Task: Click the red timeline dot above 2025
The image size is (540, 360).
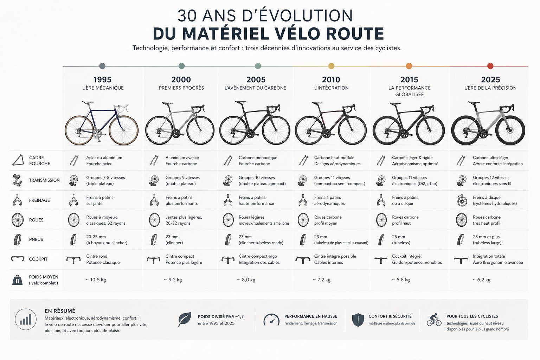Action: [x=490, y=66]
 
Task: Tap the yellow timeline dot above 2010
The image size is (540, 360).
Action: [x=331, y=66]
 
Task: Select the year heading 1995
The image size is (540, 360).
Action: [x=102, y=79]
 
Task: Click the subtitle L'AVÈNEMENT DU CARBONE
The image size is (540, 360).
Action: [x=255, y=88]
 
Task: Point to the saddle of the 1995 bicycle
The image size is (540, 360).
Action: [x=88, y=102]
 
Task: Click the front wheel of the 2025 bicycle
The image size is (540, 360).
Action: [x=510, y=130]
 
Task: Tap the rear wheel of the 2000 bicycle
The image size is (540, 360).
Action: [x=159, y=130]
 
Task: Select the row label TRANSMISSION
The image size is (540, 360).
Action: [x=44, y=180]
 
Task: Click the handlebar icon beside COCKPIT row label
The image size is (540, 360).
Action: [x=18, y=259]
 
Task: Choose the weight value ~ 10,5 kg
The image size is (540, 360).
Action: [x=96, y=280]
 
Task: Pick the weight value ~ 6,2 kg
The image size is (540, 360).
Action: [x=481, y=280]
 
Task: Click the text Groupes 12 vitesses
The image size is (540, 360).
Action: [x=491, y=178]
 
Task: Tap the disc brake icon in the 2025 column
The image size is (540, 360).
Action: [x=462, y=200]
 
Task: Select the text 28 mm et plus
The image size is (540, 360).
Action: [x=486, y=237]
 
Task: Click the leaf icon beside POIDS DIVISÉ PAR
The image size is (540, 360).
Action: [x=185, y=319]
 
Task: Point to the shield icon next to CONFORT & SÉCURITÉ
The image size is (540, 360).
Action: [x=358, y=320]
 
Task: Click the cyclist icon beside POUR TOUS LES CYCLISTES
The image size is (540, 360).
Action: [x=434, y=320]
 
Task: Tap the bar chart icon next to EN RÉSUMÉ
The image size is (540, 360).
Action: [x=26, y=319]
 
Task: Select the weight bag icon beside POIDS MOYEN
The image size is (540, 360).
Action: [x=17, y=280]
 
